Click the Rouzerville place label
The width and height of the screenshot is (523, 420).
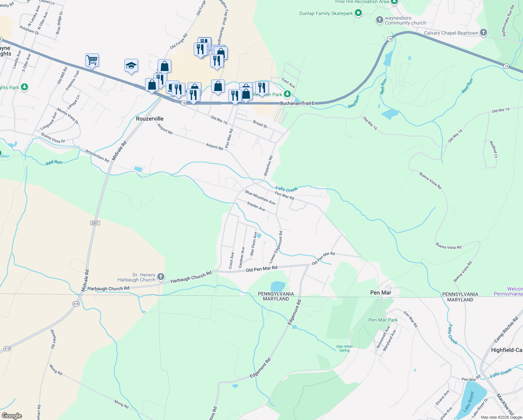pyautogui.click(x=150, y=119)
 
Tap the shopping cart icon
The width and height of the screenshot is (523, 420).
pyautogui.click(x=92, y=60)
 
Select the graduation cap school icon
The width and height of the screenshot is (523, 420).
pyautogui.click(x=131, y=65)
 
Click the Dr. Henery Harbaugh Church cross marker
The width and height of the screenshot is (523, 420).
pyautogui.click(x=160, y=277)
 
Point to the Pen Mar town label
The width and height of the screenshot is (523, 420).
pyautogui.click(x=380, y=293)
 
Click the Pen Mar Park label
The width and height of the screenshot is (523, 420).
pyautogui.click(x=383, y=320)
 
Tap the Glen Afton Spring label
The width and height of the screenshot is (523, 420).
pyautogui.click(x=344, y=348)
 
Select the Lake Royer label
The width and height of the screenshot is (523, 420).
pyautogui.click(x=468, y=401)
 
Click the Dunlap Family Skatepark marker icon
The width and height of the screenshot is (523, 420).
pyautogui.click(x=358, y=13)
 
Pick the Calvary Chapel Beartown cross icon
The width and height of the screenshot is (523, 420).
pyautogui.click(x=483, y=33)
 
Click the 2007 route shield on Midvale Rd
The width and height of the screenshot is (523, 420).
pyautogui.click(x=95, y=223)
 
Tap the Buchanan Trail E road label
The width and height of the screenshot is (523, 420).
pyautogui.click(x=297, y=103)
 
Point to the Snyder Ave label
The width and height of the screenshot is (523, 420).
pyautogui.click(x=256, y=206)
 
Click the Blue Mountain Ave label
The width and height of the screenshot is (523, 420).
pyautogui.click(x=260, y=198)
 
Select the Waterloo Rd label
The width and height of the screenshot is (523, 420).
pyautogui.click(x=268, y=166)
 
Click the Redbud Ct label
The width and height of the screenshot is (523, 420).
pyautogui.click(x=493, y=149)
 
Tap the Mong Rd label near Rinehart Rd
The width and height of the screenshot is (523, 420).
pyautogui.click(x=56, y=370)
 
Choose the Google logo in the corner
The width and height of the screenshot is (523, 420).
pyautogui.click(x=12, y=415)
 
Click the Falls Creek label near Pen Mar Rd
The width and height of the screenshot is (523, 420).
pyautogui.click(x=286, y=189)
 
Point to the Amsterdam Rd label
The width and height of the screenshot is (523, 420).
pyautogui.click(x=97, y=155)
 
